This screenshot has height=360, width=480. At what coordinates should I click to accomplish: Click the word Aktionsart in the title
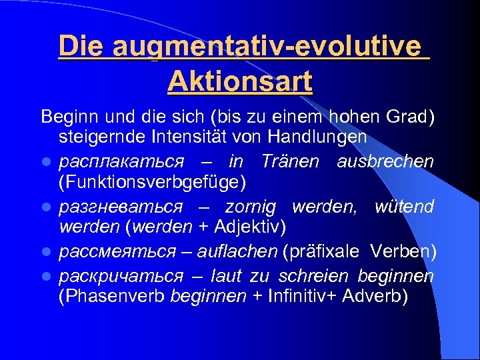[240, 82]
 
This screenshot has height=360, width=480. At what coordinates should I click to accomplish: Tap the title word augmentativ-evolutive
[267, 47]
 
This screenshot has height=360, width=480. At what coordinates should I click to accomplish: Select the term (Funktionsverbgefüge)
[153, 182]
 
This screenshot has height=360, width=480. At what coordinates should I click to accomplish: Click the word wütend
[404, 207]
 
